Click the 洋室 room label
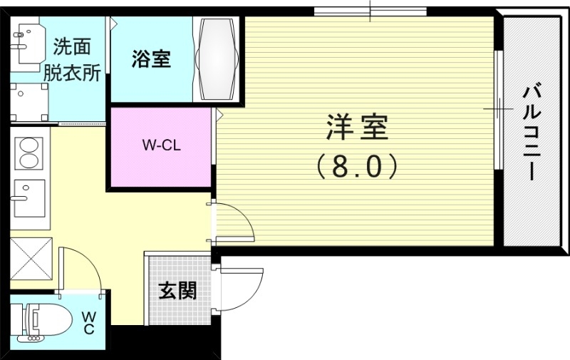357,129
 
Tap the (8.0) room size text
356,167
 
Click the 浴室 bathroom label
151,60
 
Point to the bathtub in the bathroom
217,59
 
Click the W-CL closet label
161,146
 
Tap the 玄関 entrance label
177,291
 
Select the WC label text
88,322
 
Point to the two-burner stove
29,152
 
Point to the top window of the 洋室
370,11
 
